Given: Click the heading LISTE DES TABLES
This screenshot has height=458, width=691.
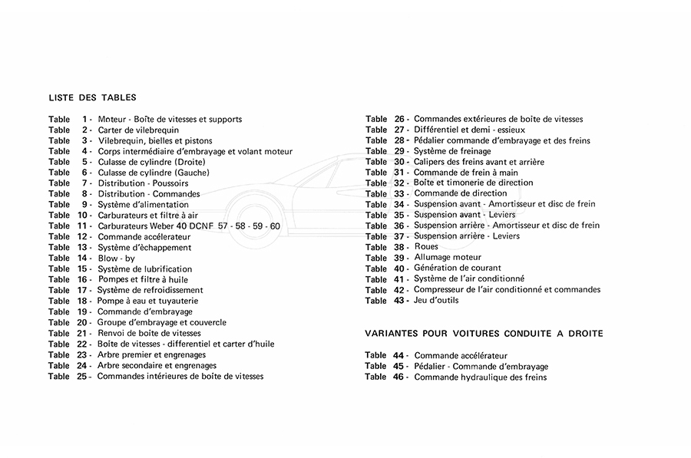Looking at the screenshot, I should pyautogui.click(x=92, y=97).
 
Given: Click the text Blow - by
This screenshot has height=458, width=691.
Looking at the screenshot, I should pyautogui.click(x=117, y=259).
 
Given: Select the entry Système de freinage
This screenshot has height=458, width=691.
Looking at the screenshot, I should pyautogui.click(x=451, y=151).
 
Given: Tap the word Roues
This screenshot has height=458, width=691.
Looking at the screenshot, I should pyautogui.click(x=426, y=247).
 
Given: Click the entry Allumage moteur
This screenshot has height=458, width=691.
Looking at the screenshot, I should pyautogui.click(x=448, y=258).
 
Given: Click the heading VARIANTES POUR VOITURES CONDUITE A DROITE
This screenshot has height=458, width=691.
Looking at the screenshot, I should pyautogui.click(x=484, y=334).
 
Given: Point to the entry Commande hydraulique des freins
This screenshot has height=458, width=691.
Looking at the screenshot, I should pyautogui.click(x=480, y=377).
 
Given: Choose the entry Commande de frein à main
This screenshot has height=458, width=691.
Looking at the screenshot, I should pyautogui.click(x=466, y=173).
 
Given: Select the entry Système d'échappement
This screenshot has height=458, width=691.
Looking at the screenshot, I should pyautogui.click(x=144, y=248).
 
